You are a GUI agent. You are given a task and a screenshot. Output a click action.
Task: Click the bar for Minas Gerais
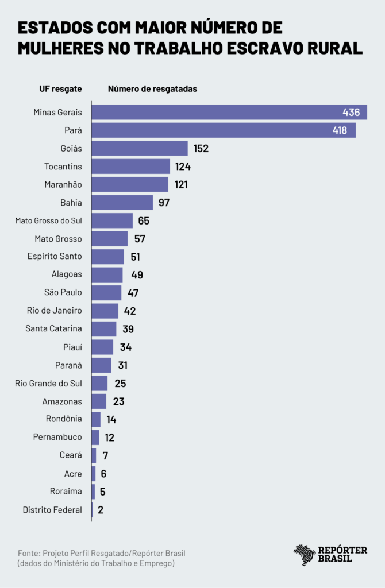pos(229,113)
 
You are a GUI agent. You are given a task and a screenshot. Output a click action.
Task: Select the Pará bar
pos(223,130)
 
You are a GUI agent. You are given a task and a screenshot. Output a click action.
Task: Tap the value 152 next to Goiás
pos(201,149)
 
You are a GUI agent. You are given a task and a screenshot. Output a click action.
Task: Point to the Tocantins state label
pos(63,167)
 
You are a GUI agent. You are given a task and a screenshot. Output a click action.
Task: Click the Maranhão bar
pos(130,184)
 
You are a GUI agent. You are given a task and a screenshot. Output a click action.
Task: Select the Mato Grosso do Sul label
pos(49,220)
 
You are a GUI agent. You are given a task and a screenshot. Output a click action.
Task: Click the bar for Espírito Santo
pos(107,257)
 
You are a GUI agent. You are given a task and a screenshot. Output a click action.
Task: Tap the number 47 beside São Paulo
pos(133,293)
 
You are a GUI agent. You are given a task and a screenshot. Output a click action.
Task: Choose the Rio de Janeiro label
pos(55,311)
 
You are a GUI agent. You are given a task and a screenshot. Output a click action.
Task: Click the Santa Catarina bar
pos(104,329)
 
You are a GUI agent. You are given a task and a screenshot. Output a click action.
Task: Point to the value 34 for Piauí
pos(126,347)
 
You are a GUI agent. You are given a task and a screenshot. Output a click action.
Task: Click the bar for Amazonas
pos(99,401)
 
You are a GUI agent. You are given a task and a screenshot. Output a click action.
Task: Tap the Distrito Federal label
pos(52,510)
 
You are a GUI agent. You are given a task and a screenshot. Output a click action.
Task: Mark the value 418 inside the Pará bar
pos(340,130)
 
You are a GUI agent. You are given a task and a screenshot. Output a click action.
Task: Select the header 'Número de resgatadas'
pos(152,89)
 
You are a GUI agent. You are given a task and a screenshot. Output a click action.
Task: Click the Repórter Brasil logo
pos(330,555)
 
